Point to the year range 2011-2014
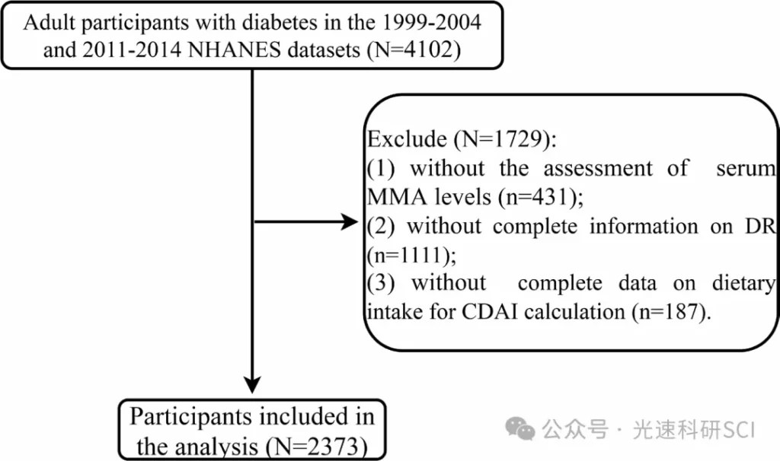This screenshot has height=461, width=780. click(132, 50)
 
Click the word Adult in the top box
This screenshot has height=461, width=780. click(49, 22)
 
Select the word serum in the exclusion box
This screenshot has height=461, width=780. click(746, 168)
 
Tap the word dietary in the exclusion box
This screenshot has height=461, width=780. click(743, 284)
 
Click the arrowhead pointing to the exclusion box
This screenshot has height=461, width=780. click(349, 221)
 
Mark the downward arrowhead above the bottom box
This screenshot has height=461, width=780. click(252, 384)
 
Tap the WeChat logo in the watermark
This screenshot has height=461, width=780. click(519, 429)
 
